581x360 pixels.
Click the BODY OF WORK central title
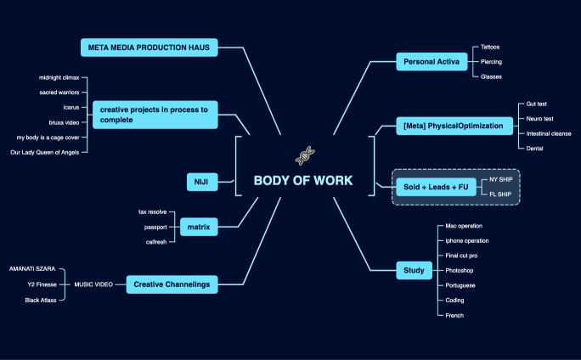click(x=303, y=181)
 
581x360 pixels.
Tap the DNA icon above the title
click(x=305, y=155)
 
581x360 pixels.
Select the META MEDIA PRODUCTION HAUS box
click(x=149, y=47)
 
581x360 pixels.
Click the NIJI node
click(x=201, y=181)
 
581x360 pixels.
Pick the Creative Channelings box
click(x=170, y=284)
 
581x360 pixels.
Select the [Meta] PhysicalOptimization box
click(x=454, y=127)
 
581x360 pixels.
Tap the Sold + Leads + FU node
click(x=435, y=186)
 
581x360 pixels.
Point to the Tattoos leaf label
click(x=490, y=47)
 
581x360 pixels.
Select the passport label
click(x=155, y=227)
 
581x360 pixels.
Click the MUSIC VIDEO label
click(x=93, y=284)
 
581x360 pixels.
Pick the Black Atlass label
click(x=40, y=300)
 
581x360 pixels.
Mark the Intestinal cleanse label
click(x=549, y=133)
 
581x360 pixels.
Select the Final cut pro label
click(x=461, y=256)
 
